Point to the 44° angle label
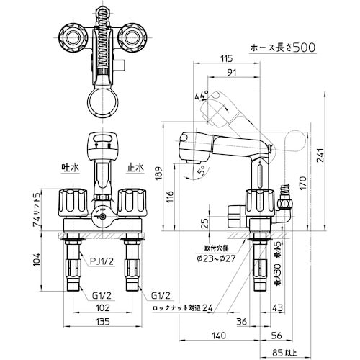tap(200, 95)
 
